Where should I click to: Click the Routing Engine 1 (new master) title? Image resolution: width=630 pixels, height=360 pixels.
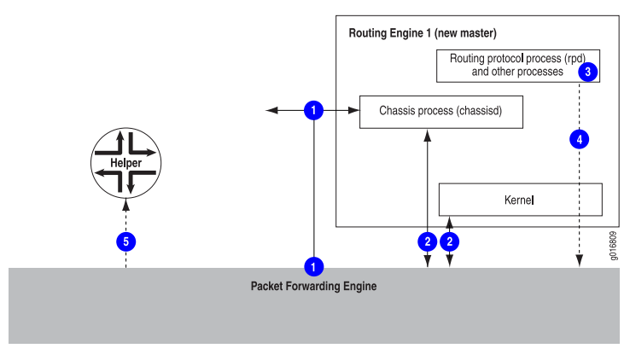(423, 33)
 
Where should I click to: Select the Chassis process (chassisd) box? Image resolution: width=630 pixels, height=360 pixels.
(440, 111)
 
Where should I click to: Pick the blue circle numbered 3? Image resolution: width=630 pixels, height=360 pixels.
(586, 73)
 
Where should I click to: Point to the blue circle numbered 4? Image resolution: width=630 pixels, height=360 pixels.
(580, 137)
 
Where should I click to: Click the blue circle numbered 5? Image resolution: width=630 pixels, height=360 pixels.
(126, 241)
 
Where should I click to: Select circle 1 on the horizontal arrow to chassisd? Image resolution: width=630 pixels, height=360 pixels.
(315, 110)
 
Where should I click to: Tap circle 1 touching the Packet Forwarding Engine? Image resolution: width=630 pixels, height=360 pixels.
(315, 266)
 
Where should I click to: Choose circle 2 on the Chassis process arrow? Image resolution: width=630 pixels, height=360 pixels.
(427, 241)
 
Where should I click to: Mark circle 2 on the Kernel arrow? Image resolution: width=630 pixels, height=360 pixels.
(450, 241)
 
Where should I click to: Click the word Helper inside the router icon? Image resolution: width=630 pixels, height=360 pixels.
(125, 162)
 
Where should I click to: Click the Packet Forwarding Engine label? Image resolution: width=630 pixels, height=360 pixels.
(313, 287)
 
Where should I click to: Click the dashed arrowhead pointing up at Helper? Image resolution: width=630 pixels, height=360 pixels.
(126, 204)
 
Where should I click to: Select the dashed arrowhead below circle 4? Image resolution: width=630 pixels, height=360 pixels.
(580, 262)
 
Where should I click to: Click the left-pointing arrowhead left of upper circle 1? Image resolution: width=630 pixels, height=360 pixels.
(270, 110)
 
